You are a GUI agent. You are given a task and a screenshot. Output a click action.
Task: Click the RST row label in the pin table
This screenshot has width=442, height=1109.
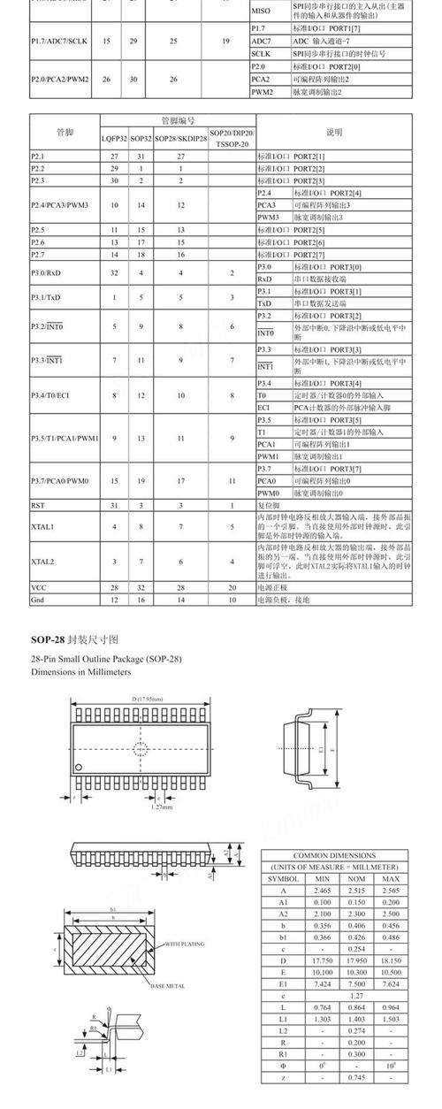click(37, 505)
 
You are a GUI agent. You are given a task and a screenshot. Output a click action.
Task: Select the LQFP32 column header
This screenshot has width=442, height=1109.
click(114, 139)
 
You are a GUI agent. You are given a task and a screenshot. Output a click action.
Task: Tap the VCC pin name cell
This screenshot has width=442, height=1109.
click(38, 587)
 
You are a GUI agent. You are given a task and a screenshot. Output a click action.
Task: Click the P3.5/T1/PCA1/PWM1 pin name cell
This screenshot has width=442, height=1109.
click(65, 438)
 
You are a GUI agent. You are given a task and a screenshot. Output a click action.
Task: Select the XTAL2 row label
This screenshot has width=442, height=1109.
click(42, 562)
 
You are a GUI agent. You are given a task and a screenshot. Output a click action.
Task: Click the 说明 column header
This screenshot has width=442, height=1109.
click(334, 133)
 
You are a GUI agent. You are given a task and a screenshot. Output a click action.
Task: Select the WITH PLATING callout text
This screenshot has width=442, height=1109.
click(185, 945)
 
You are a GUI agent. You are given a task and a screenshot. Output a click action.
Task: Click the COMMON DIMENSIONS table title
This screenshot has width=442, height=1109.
click(334, 856)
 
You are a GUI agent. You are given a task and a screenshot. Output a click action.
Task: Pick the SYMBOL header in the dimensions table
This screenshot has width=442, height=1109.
click(284, 878)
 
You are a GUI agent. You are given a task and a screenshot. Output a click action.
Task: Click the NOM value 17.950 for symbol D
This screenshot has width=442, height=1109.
click(355, 960)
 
